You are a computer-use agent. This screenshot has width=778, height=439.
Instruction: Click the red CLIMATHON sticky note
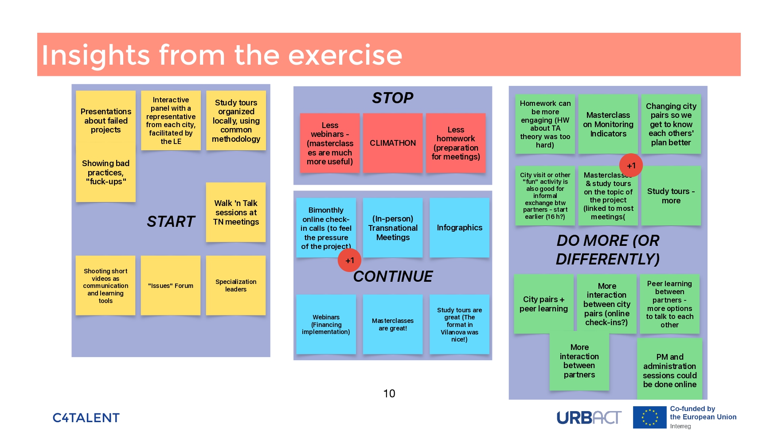coord(392,143)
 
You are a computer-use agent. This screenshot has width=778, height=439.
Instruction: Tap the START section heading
coord(171,221)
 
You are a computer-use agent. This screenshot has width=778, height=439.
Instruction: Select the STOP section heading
coord(392,98)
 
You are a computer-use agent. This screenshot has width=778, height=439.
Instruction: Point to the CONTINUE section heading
coord(393,276)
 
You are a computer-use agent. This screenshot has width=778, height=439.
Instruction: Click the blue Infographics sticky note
coord(459,228)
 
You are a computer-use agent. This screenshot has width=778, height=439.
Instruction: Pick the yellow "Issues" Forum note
coord(171,286)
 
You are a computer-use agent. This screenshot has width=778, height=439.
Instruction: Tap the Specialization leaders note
coord(236,286)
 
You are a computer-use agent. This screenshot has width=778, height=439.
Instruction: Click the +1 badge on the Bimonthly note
coord(349,260)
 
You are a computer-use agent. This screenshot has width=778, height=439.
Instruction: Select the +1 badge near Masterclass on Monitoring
coord(631,166)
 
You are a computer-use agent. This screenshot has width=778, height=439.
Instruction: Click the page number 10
coord(389,393)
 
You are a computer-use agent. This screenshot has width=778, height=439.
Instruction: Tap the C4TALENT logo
coord(86,418)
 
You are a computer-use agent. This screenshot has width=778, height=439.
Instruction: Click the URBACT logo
coord(589,417)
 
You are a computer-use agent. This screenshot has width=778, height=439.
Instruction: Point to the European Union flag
coord(649,417)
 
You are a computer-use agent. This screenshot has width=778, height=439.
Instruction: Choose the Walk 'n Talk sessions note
coord(236,212)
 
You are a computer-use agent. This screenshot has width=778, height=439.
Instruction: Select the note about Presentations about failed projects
coord(106,120)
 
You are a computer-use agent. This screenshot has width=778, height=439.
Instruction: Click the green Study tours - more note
coord(671,196)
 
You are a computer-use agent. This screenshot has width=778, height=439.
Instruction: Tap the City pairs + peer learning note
coord(543,304)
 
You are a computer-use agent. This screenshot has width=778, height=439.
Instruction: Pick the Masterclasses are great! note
coord(392,324)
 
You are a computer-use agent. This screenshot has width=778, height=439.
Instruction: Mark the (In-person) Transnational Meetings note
coord(393,228)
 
